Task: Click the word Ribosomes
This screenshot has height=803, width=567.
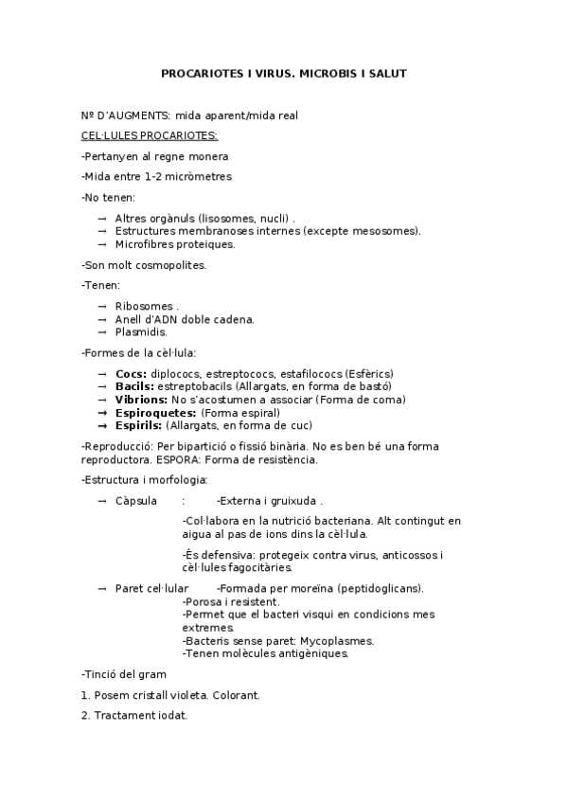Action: point(144,307)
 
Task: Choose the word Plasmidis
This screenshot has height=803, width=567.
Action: point(141,332)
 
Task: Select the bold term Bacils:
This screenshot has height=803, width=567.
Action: point(134,386)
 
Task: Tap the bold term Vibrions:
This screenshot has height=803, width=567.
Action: point(141,400)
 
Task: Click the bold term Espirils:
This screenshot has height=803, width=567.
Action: point(138,426)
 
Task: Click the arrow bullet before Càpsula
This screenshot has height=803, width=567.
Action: point(102,500)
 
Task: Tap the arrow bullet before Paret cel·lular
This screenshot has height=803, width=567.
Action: point(102,588)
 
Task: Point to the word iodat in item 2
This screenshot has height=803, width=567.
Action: point(172,716)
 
